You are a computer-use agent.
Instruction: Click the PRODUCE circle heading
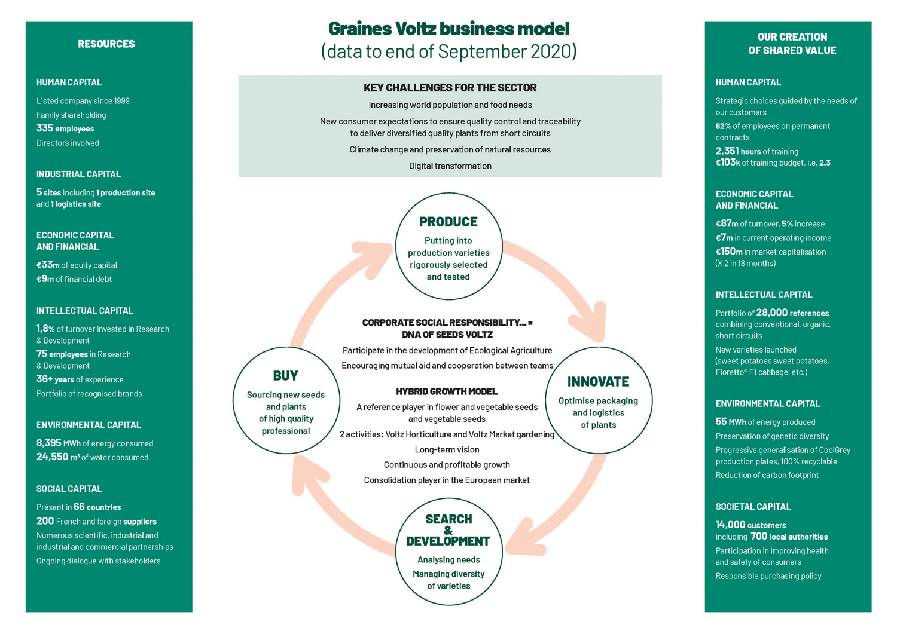tap(448, 222)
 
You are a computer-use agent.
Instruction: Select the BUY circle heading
tap(285, 376)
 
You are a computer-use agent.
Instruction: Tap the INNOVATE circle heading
tap(598, 382)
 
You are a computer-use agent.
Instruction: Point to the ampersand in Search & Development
tap(448, 530)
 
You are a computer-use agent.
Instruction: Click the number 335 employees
tap(45, 128)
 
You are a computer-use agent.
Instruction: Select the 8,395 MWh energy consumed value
tap(49, 443)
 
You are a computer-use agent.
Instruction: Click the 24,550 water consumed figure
tap(52, 457)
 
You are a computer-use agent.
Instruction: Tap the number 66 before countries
tap(79, 507)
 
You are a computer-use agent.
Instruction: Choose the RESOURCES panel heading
tap(106, 44)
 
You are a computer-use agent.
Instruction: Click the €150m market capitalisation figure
tap(729, 252)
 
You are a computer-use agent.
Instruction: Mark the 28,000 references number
tap(771, 313)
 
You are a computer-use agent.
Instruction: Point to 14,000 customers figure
tap(730, 525)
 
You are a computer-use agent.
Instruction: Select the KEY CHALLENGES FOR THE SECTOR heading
tap(450, 88)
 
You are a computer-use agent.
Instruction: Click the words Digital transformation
tap(450, 166)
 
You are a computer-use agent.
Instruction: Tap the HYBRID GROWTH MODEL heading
tap(447, 391)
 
